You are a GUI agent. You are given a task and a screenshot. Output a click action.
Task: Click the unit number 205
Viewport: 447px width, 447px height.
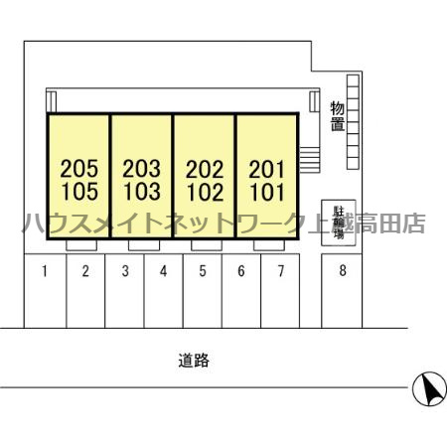79,169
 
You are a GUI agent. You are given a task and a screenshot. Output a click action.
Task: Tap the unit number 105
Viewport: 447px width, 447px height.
79,192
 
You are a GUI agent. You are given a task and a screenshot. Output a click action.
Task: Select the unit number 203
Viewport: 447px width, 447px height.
142,169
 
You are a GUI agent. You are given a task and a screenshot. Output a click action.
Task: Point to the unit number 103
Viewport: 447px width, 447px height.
142,192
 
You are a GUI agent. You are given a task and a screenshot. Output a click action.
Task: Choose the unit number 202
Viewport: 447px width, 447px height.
205,169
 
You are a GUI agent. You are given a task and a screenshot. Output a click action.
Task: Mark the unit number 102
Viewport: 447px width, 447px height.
206,193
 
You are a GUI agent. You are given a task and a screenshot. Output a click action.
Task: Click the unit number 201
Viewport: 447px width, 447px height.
267,169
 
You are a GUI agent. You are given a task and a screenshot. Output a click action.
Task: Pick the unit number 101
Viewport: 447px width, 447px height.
267,193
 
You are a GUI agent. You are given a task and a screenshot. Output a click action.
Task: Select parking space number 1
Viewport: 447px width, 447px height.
45,271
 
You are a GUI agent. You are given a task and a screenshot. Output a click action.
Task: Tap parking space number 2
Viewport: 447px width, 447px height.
85,271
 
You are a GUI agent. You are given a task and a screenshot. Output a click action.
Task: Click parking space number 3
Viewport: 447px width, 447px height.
125,271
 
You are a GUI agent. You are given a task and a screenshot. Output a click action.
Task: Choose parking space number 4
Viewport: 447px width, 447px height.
163,271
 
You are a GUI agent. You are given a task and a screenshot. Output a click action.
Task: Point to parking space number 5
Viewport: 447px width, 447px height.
203,271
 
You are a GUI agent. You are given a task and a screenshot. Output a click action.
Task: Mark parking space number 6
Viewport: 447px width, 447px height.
241,271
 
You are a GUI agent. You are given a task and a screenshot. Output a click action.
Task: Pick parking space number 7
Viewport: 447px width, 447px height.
281,271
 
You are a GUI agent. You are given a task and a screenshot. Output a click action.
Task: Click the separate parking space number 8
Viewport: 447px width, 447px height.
343,270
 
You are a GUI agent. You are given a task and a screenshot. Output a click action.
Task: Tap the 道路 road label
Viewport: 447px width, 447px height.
194,361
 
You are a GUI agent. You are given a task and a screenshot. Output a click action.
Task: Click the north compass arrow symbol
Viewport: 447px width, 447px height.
429,389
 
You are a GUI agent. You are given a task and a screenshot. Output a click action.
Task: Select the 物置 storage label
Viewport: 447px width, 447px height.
338,116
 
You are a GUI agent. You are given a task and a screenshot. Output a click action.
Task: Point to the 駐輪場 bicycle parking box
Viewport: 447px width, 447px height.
339,223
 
